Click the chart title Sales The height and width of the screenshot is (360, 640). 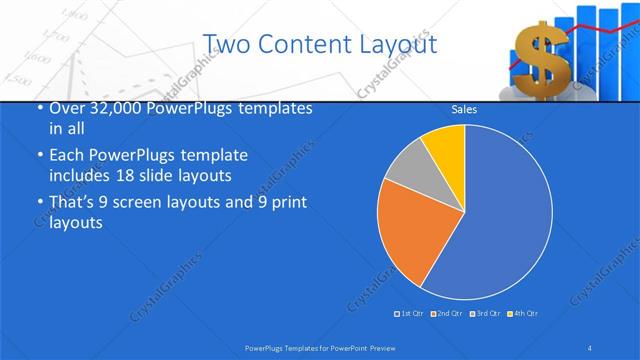[x=463, y=109]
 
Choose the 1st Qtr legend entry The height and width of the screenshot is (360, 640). [x=410, y=315]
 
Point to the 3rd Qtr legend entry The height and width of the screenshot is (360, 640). [x=484, y=315]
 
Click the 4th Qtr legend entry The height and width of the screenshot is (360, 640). [x=524, y=315]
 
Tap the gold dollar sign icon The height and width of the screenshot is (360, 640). [x=539, y=55]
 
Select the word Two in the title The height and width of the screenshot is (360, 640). [x=225, y=44]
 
